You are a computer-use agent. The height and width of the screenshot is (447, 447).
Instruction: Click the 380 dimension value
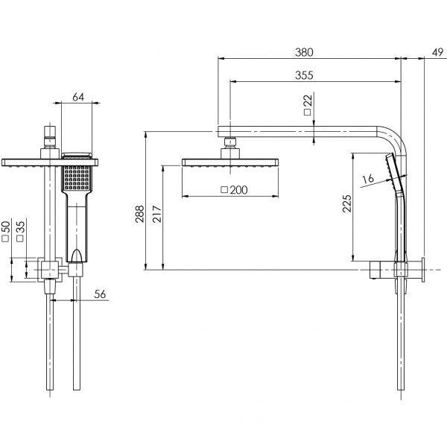[x=304, y=52]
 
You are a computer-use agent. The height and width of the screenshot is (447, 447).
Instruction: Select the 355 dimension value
[x=303, y=74]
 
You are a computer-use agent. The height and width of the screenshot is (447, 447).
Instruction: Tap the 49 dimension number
[x=437, y=52]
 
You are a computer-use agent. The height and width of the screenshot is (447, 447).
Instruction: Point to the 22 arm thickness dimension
[x=308, y=102]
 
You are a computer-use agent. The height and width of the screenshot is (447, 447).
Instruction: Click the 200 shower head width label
[x=238, y=190]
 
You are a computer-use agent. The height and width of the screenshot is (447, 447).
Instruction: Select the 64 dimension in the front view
[x=78, y=96]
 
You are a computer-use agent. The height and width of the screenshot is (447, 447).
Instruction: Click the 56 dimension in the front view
[x=101, y=294]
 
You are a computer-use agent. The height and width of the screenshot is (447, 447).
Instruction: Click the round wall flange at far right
[x=423, y=269]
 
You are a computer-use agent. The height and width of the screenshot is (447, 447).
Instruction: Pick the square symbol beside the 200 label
[x=224, y=191]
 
